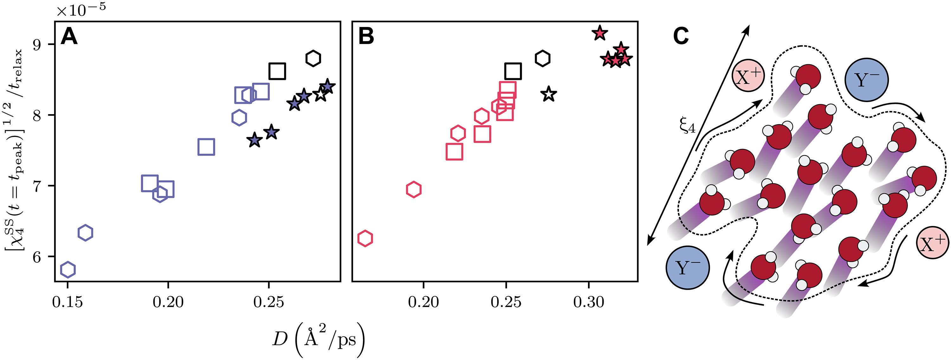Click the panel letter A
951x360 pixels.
click(69, 37)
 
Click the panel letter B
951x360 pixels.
click(366, 37)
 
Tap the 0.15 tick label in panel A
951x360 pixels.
click(67, 302)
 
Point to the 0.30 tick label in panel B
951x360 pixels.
click(588, 302)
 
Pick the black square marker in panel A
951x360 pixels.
click(277, 71)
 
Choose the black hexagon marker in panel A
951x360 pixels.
click(313, 58)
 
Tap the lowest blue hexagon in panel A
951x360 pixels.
click(68, 270)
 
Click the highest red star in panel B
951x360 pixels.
click(599, 33)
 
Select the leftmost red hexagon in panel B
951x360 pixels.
click(366, 238)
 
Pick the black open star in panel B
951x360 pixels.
click(549, 94)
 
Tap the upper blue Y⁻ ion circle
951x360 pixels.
click(866, 80)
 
